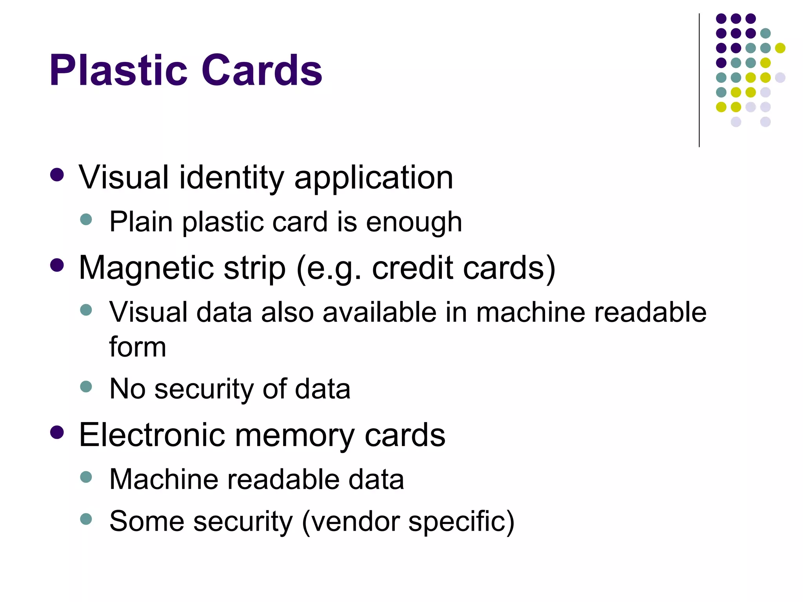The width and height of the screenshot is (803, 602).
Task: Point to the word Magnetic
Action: (x=146, y=268)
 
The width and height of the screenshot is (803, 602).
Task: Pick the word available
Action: (x=379, y=313)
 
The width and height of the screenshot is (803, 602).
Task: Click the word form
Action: (x=138, y=347)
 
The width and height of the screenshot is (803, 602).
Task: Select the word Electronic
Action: (x=152, y=435)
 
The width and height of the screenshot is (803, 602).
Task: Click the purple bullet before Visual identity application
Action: (x=57, y=175)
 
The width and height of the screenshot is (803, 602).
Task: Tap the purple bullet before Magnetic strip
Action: (x=57, y=265)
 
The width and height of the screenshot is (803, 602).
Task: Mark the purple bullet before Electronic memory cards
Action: (x=57, y=432)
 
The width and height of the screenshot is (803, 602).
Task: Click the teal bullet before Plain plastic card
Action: (x=86, y=219)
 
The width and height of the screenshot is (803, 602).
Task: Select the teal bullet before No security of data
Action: (x=86, y=386)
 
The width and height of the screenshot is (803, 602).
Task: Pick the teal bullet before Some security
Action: (x=86, y=519)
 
